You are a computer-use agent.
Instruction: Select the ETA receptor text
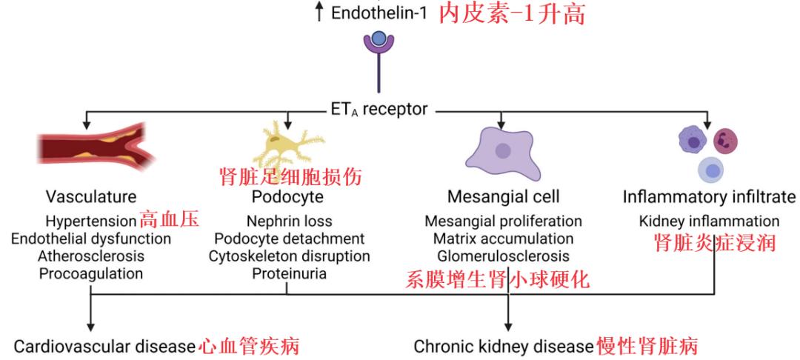(379, 110)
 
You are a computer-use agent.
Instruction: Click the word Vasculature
(91, 197)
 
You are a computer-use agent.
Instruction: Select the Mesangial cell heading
(503, 197)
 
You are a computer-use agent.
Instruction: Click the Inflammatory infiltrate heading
(709, 197)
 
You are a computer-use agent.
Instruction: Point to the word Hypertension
(90, 221)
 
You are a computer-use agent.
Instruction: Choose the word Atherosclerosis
(91, 256)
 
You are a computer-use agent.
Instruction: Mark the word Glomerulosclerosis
(503, 256)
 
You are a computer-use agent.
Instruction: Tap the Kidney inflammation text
(709, 221)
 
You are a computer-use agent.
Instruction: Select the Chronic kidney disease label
(504, 347)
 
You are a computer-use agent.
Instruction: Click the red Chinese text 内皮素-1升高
(512, 13)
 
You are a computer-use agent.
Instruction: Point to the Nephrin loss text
(289, 221)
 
